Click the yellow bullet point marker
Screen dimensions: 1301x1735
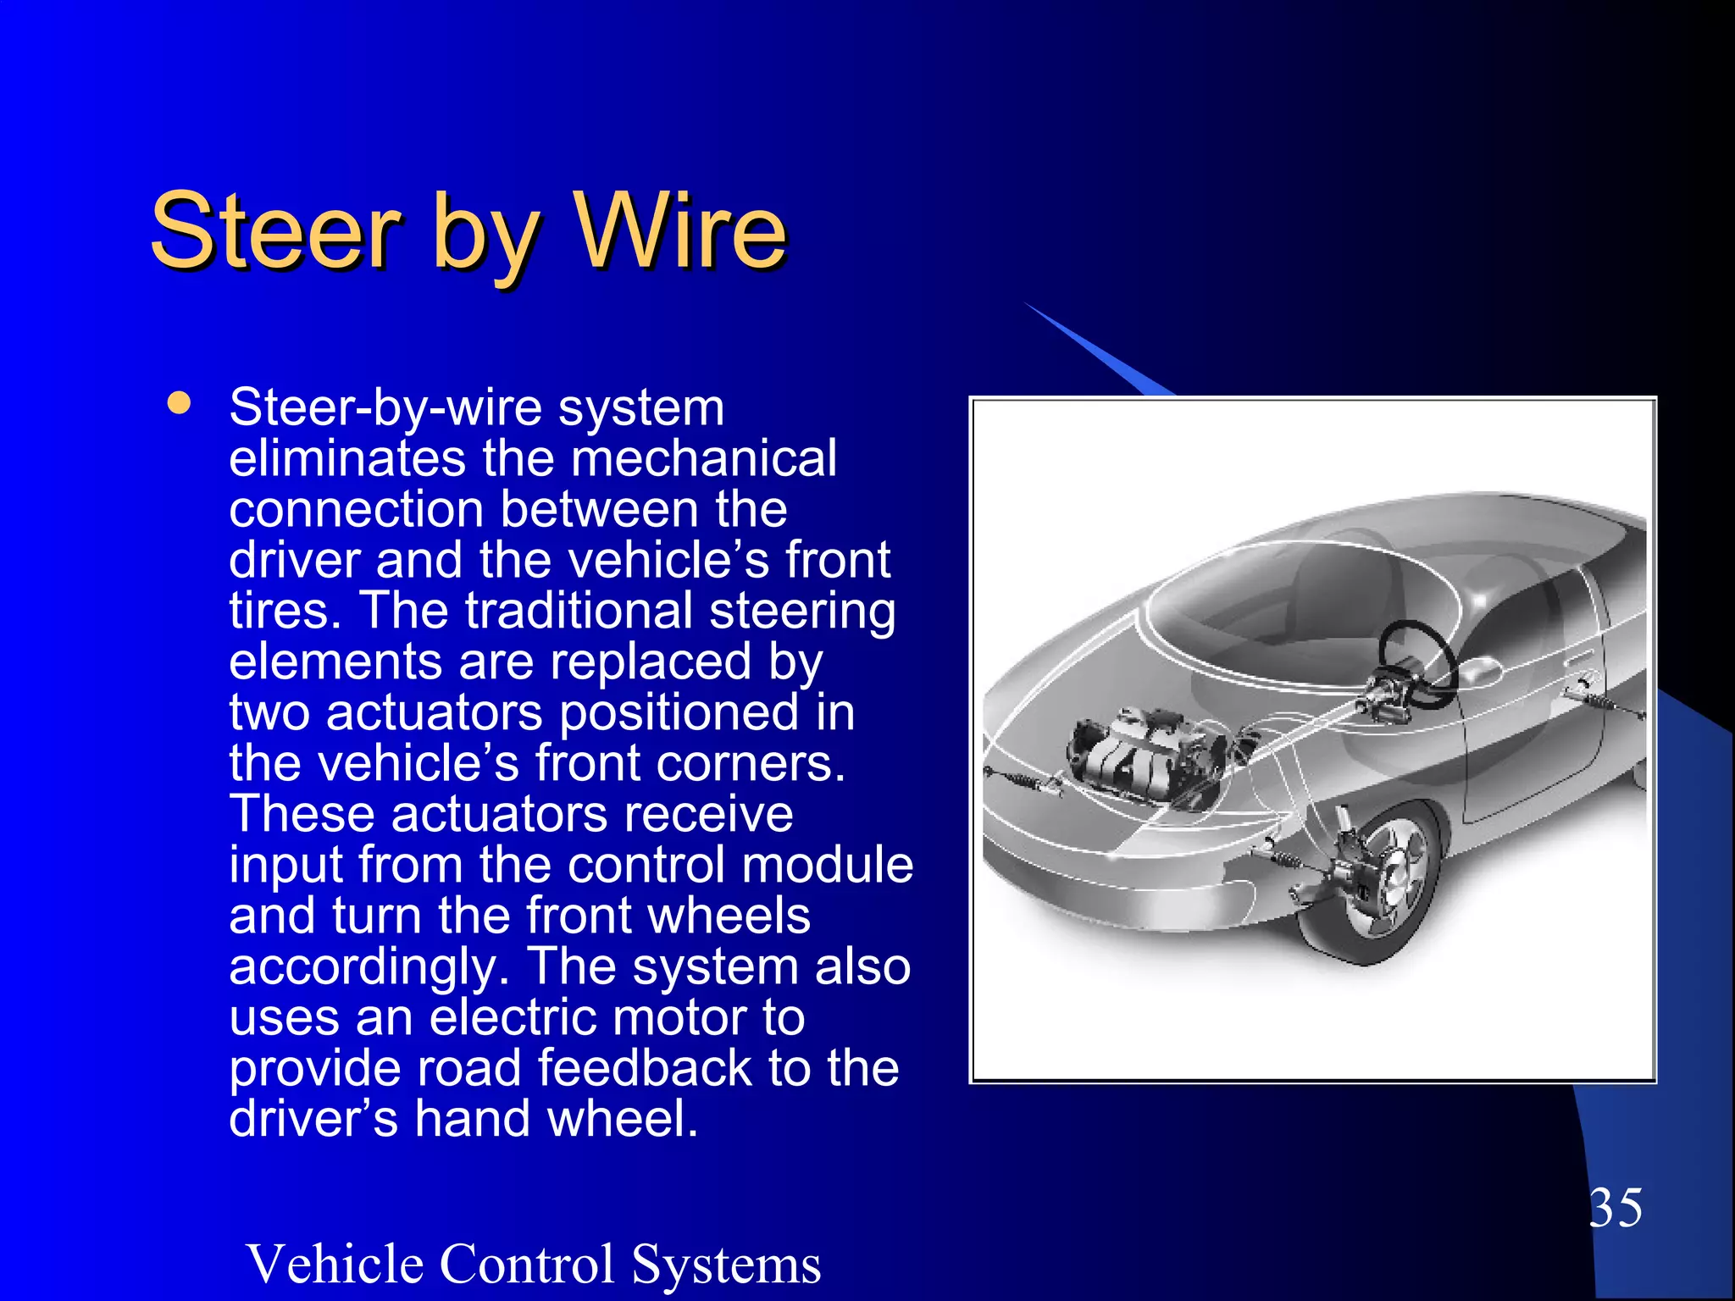[x=179, y=401]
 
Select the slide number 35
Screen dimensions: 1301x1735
[x=1615, y=1207]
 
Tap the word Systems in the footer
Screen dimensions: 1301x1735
[x=726, y=1264]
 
